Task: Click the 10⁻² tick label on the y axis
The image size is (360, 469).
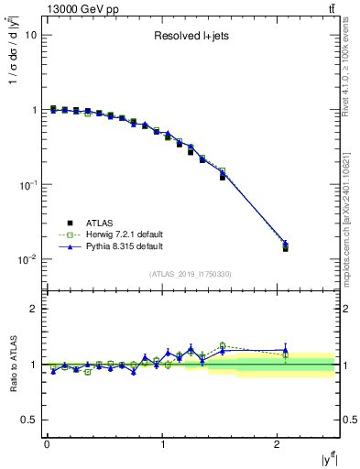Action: (27, 259)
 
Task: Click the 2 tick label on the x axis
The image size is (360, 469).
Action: (278, 443)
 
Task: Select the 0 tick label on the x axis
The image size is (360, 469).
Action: (47, 443)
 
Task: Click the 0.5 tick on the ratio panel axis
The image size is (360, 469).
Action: (28, 420)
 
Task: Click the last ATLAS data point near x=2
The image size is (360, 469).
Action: (286, 248)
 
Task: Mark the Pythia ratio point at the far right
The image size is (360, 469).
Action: (286, 350)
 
